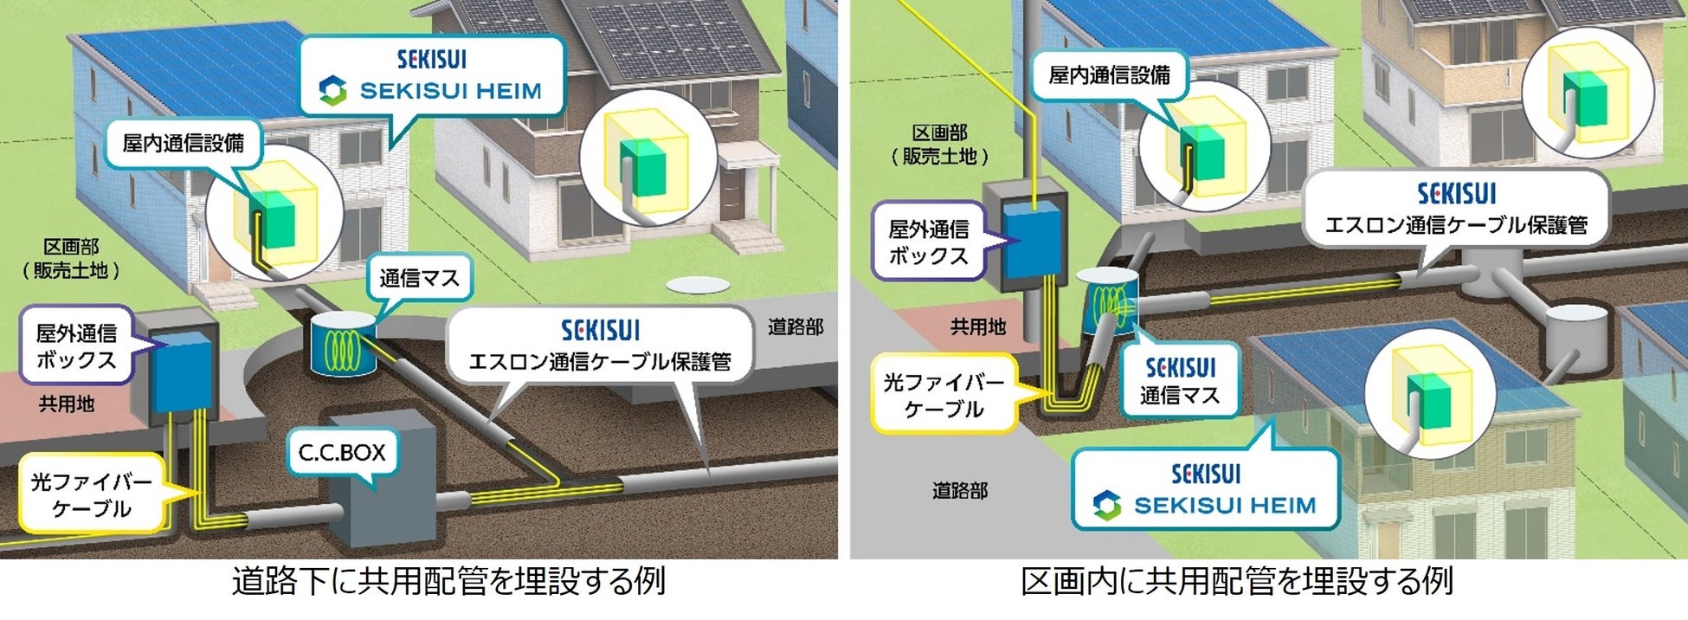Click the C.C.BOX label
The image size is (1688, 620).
(342, 453)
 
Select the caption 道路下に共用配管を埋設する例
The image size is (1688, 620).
(448, 581)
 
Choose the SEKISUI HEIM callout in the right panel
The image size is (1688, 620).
(1206, 490)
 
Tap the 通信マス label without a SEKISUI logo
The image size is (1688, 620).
(419, 279)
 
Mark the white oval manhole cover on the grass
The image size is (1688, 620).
(693, 285)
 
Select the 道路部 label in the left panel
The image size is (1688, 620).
(795, 327)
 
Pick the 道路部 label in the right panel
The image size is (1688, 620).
(959, 491)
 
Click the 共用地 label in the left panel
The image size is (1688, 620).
(67, 404)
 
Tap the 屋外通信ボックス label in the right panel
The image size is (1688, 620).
(928, 242)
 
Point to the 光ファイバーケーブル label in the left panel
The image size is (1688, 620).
(91, 494)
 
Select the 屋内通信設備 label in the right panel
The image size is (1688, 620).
(1109, 75)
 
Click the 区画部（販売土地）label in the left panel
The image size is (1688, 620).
(70, 259)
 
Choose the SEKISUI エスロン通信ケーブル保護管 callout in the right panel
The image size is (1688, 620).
(1456, 209)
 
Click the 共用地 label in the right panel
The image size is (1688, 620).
(978, 326)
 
